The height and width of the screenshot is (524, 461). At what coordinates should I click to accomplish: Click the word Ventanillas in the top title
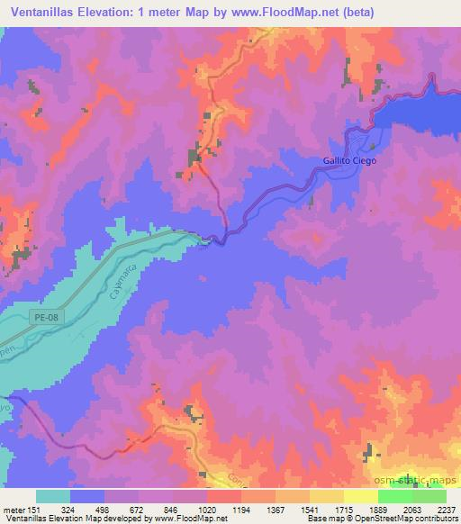point(47,11)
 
